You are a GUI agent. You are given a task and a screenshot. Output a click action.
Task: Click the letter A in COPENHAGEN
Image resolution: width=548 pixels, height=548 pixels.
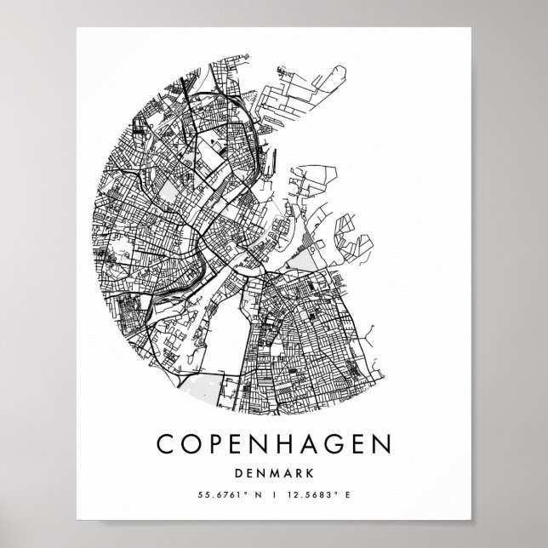coord(318,444)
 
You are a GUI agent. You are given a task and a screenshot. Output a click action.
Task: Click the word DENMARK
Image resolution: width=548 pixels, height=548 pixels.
coord(273,474)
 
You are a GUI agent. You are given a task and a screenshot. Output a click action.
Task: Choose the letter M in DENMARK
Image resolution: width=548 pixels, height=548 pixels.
coord(273,474)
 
